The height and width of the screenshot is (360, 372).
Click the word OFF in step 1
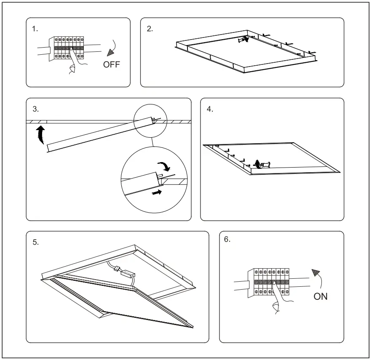(x=112, y=64)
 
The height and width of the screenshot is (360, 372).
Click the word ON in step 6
(x=320, y=296)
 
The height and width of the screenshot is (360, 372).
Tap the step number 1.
(x=35, y=29)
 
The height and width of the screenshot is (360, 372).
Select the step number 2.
(x=150, y=29)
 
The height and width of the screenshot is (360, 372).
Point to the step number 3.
(x=36, y=109)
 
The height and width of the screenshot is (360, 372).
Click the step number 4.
(x=210, y=109)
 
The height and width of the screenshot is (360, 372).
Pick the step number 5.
(x=36, y=242)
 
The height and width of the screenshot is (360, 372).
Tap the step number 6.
(x=227, y=239)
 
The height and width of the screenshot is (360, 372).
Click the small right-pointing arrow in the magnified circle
(x=156, y=192)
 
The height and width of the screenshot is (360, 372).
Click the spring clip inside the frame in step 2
(x=243, y=40)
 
